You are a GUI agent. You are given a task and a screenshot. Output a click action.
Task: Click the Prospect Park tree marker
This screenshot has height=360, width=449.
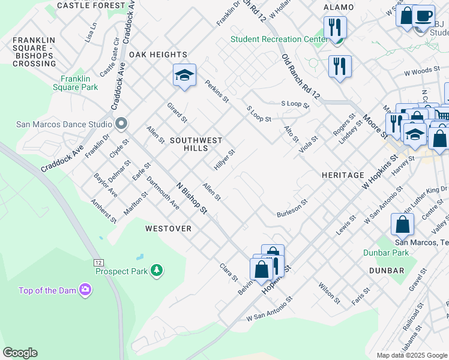coord(157,271)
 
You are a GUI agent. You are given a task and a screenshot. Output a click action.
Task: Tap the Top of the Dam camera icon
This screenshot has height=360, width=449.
coord(85,290)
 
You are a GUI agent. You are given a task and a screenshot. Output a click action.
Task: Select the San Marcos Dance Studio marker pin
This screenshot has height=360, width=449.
coord(121,124)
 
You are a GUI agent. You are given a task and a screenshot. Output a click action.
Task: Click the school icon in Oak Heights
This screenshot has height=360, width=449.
coord(184,75)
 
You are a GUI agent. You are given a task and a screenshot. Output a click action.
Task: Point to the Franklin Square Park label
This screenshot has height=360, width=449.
coord(79,83)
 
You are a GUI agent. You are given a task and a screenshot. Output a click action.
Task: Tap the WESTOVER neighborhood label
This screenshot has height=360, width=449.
coord(168,229)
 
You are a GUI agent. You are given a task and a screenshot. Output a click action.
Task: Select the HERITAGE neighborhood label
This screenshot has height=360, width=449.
coord(339,175)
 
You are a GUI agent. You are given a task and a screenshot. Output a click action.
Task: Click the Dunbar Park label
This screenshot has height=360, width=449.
coord(386,253)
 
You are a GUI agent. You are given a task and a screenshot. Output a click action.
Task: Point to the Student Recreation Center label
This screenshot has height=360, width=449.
coord(276,40)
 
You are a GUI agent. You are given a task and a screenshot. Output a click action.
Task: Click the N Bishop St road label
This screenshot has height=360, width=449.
coord(191,198)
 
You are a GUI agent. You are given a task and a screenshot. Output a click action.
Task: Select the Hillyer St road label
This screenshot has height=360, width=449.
coord(224,160)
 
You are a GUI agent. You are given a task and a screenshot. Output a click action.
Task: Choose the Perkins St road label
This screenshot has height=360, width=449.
coord(217,91)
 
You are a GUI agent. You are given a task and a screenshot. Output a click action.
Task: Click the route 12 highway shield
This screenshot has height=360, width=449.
coord(98,263)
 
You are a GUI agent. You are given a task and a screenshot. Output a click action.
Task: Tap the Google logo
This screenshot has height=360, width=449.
coord(20,353)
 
